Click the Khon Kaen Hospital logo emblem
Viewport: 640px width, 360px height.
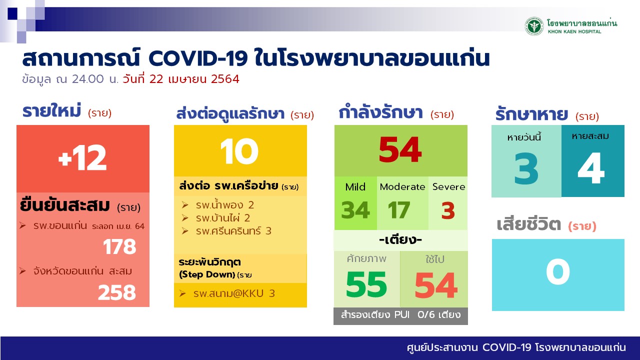tap(534, 26)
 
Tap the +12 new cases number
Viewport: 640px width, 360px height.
tap(82, 157)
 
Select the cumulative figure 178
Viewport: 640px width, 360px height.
tap(119, 247)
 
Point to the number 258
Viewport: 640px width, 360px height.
tap(117, 292)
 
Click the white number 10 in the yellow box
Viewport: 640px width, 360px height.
tap(239, 151)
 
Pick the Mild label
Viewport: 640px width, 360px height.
tap(355, 187)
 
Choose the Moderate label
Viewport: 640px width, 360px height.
tap(402, 187)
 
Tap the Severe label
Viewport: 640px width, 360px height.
tap(448, 187)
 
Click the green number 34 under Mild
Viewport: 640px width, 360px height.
tap(355, 210)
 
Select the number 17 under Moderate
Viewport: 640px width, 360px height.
tap(399, 210)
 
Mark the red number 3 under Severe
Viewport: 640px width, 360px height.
tap(448, 210)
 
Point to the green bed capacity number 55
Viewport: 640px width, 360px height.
tap(366, 284)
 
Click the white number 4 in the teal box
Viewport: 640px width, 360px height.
tap(591, 168)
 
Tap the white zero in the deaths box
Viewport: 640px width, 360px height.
tap(557, 271)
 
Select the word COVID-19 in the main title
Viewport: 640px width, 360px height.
tap(197, 58)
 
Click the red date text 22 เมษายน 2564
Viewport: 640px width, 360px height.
tap(181, 79)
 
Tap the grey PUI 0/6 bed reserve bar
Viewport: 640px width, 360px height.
tap(400, 316)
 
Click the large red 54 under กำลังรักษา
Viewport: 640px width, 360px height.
tap(400, 149)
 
